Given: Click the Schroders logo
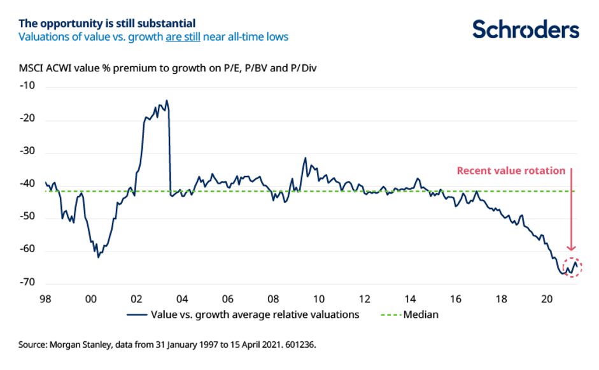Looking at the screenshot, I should (x=526, y=29).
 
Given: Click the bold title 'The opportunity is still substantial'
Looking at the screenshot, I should (x=107, y=24).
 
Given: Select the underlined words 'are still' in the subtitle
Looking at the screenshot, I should (x=183, y=37).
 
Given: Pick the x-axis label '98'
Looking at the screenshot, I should (x=45, y=299).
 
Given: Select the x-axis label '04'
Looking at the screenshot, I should (x=182, y=299).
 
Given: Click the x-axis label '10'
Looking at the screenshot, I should (x=318, y=299).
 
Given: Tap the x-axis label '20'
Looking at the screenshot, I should (x=547, y=299).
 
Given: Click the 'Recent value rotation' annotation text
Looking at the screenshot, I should (x=511, y=171).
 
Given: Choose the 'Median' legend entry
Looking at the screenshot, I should (x=421, y=314).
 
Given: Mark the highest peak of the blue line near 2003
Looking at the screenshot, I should (x=167, y=101).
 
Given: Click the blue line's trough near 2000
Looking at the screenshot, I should (x=98, y=257).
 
